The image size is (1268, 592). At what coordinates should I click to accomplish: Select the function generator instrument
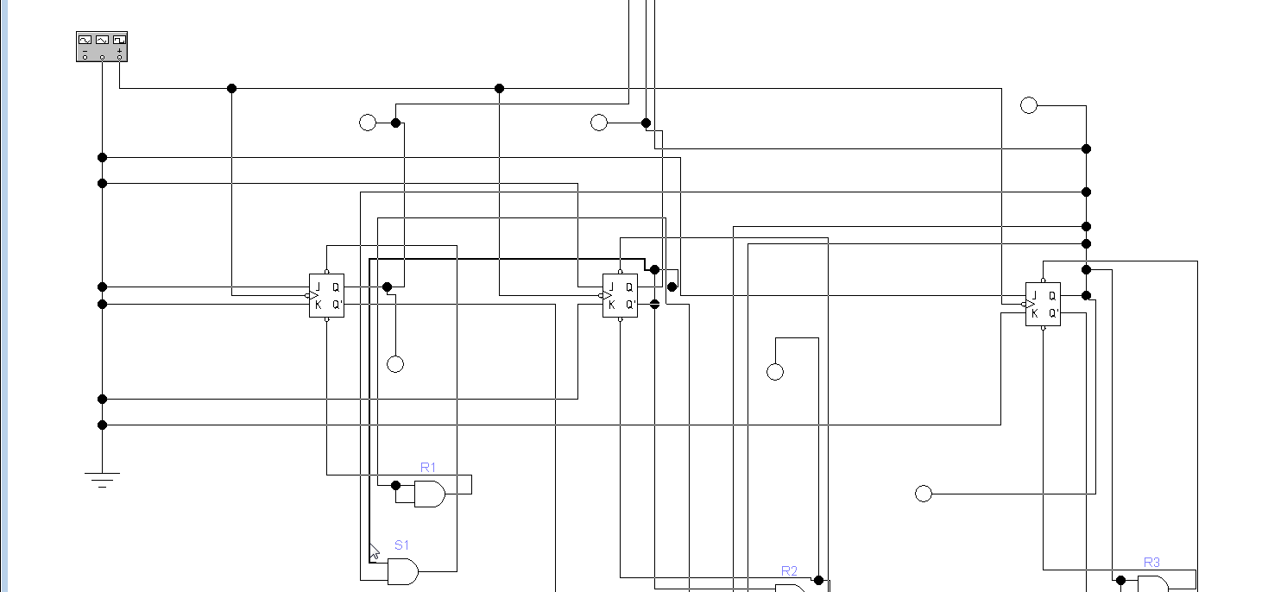point(102,47)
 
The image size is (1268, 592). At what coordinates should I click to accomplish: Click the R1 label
point(428,468)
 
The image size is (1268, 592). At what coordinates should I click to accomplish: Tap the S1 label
point(401,545)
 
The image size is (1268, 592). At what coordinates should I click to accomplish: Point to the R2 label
point(789,571)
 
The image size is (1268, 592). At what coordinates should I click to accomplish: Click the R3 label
point(1151,563)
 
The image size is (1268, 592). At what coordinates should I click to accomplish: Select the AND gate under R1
point(430,494)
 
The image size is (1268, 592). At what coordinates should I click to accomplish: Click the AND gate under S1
point(403,571)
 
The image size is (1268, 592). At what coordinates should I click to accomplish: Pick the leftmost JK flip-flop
point(326,295)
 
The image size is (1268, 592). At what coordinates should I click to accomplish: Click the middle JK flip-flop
point(620,295)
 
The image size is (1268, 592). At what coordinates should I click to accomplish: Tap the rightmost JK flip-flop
point(1043,304)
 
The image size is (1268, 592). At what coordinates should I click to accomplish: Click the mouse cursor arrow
point(374,551)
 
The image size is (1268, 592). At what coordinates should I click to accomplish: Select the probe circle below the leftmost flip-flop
point(395,364)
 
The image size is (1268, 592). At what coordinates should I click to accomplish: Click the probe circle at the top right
point(1028,105)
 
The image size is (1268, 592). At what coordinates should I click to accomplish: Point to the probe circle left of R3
point(923,494)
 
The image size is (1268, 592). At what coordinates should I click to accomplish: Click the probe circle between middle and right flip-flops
point(775,372)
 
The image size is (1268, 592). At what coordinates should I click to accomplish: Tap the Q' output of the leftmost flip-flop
point(338,305)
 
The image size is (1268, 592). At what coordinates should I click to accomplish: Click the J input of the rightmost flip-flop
point(1034,296)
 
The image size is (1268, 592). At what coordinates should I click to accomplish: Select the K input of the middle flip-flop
point(611,305)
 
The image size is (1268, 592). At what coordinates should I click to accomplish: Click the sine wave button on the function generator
point(85,40)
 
